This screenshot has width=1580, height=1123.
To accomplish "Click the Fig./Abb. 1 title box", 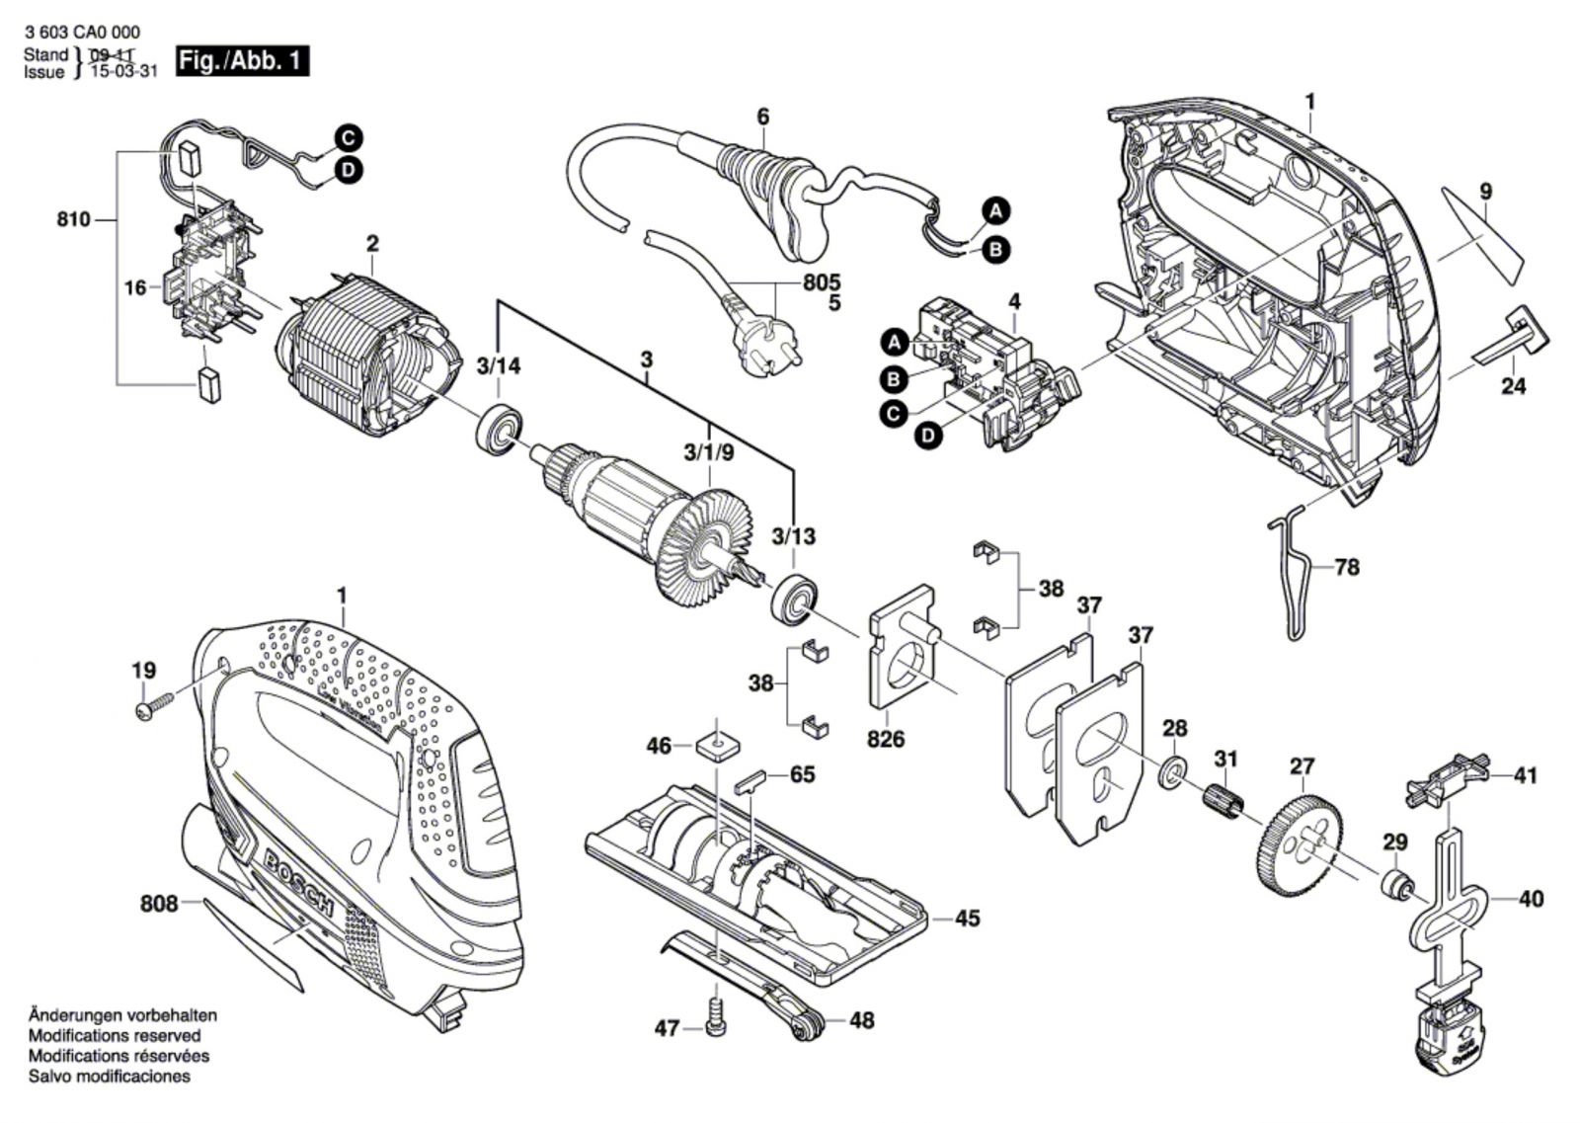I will click(x=241, y=61).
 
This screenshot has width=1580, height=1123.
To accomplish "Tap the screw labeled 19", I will click(x=153, y=705).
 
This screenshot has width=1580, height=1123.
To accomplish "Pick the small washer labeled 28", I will click(x=1172, y=770).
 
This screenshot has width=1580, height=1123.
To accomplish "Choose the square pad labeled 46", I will click(x=718, y=744).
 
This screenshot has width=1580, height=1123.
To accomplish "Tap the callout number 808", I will click(x=159, y=903).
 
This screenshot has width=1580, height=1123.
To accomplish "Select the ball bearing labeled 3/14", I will click(x=501, y=429).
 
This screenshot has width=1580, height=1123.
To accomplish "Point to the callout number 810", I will click(x=73, y=219).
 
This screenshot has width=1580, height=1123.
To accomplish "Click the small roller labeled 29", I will click(x=1394, y=883).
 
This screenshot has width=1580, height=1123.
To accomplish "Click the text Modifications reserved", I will click(x=115, y=1035).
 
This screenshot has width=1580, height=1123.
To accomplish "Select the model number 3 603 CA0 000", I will click(x=84, y=33).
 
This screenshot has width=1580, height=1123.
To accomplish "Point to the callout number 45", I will click(x=968, y=919).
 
